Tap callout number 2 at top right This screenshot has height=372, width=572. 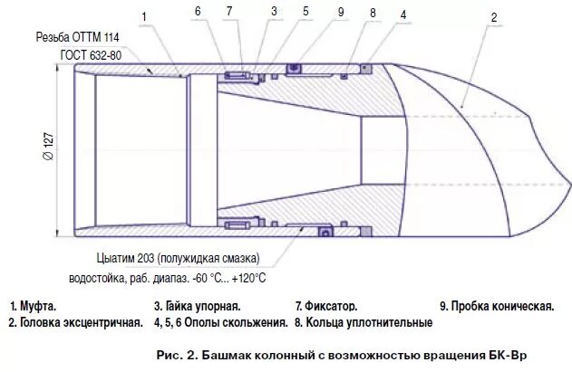click(x=493, y=17)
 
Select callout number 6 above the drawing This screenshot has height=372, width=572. click(x=198, y=11)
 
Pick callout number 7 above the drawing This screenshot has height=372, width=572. click(x=229, y=11)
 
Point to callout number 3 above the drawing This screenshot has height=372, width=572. click(x=273, y=11)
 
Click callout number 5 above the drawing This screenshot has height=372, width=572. click(x=305, y=11)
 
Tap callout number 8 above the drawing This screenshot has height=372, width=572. click(x=372, y=14)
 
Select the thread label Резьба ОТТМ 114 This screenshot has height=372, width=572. click(x=78, y=38)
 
